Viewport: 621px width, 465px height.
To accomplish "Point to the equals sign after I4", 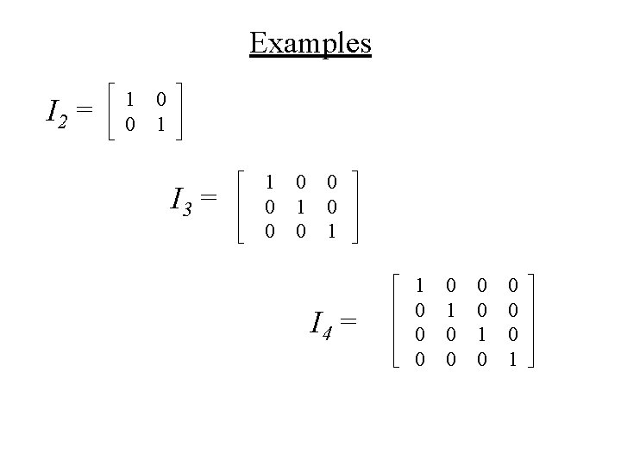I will click(348, 323).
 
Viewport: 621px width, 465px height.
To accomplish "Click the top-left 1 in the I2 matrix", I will click(129, 101).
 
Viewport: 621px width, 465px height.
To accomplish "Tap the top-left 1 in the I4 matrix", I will click(420, 284).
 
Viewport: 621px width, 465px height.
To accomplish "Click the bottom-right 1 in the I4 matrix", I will click(513, 357).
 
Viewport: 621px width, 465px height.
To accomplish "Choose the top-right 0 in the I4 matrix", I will click(513, 284).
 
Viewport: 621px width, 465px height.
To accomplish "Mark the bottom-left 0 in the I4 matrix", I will click(420, 357).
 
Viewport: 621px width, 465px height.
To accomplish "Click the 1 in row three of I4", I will click(482, 333).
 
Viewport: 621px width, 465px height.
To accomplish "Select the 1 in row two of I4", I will click(451, 308).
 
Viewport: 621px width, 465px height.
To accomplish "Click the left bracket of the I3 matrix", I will click(241, 208).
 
